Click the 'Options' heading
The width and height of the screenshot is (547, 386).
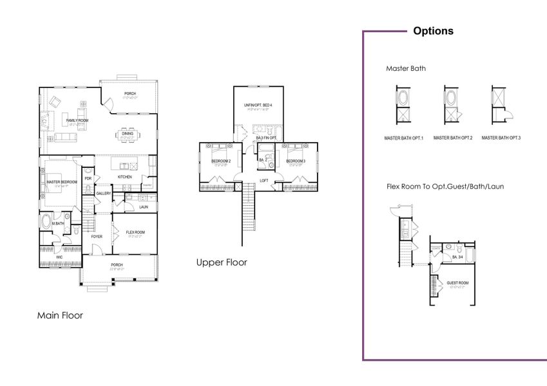(x=432, y=31)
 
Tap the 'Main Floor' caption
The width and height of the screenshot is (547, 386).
(x=60, y=315)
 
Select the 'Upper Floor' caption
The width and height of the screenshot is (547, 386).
(x=221, y=262)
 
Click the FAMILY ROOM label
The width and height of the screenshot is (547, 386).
(x=77, y=120)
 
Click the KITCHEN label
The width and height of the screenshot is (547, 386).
(x=124, y=176)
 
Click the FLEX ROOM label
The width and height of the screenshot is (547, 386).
(x=135, y=232)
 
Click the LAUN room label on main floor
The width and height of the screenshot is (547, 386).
(x=143, y=207)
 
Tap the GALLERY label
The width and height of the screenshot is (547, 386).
(x=104, y=193)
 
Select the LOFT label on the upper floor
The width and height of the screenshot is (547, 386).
(x=264, y=180)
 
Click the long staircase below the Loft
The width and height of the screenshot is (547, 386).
(x=248, y=212)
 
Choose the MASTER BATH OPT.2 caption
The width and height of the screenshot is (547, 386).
(x=453, y=138)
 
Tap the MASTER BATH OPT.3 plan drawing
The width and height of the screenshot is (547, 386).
(x=498, y=105)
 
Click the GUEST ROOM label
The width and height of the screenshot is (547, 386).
(x=457, y=282)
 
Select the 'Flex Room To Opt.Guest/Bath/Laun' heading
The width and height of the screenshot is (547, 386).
(x=445, y=187)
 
